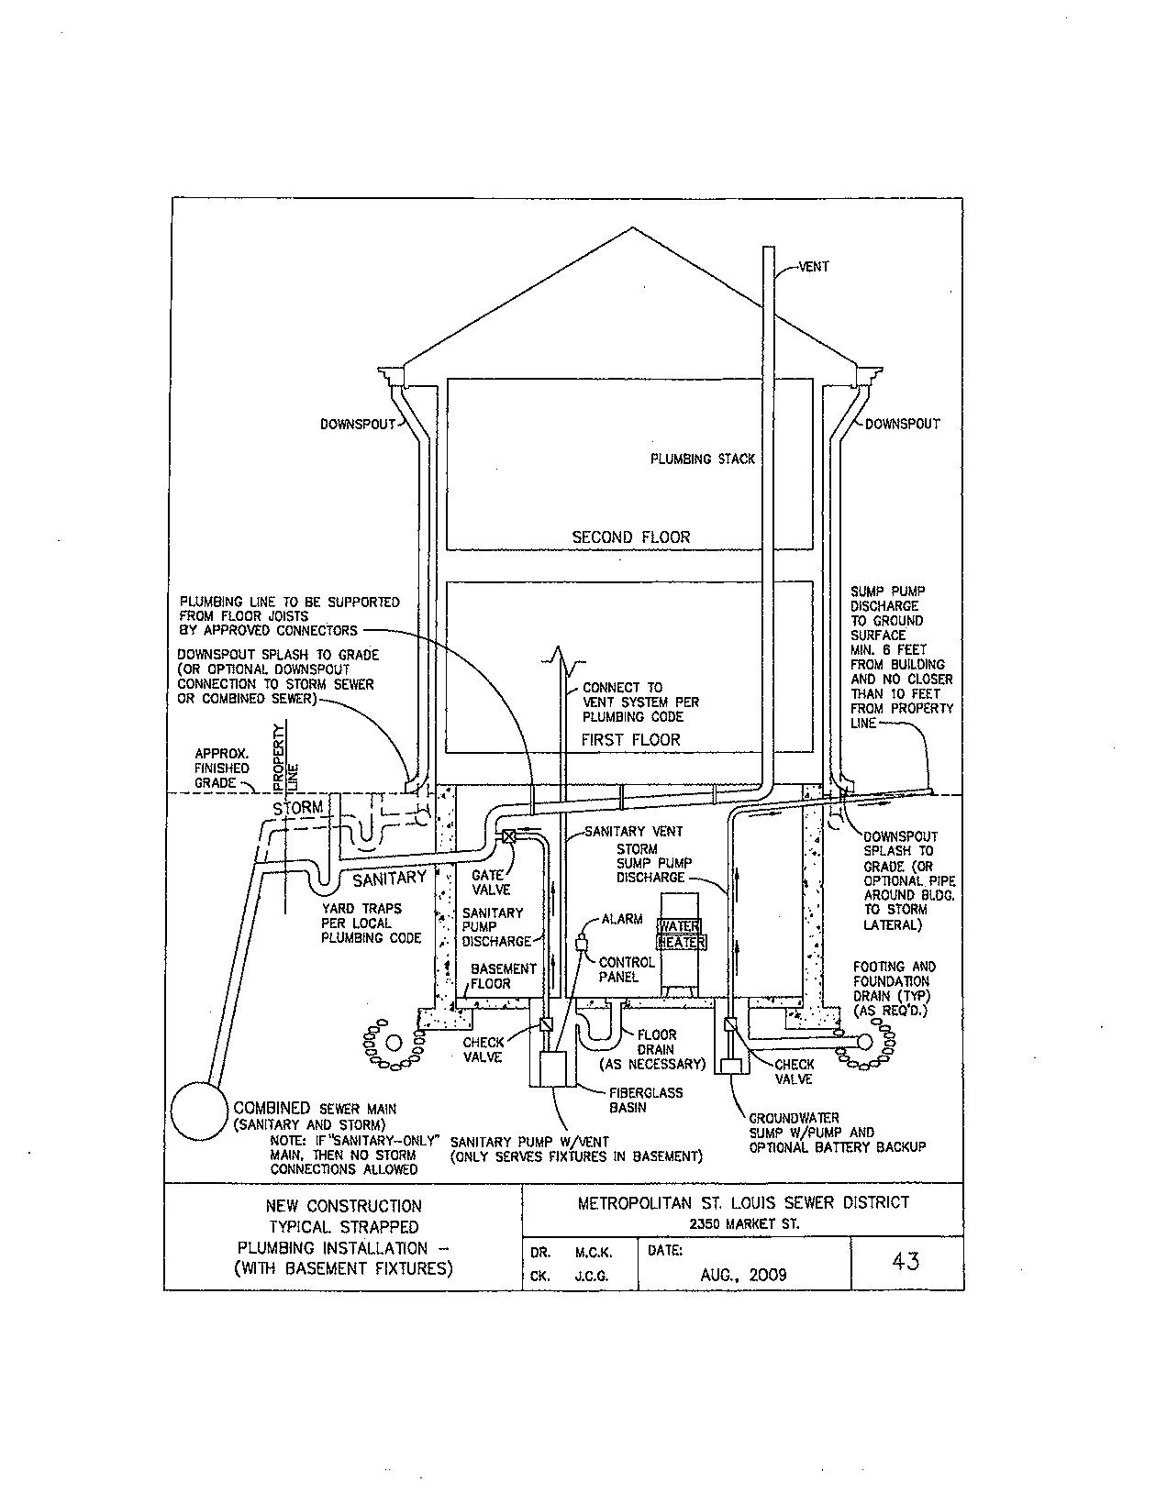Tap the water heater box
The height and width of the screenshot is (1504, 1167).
point(680,945)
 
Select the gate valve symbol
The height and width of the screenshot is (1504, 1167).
point(509,836)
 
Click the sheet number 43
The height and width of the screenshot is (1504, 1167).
point(906,1261)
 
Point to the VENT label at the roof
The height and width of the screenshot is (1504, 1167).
point(814,267)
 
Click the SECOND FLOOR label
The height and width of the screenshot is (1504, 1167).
point(630,536)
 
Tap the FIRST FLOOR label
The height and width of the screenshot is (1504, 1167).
point(631,739)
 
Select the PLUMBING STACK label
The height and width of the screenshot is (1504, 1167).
point(703,459)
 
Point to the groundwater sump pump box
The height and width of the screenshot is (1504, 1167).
point(731,1067)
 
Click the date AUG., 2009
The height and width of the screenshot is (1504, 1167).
point(743,1275)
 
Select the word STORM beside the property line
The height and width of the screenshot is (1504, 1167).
point(298,808)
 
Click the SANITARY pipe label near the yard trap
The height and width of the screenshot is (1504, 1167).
point(389,879)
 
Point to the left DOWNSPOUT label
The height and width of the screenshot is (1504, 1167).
point(357,424)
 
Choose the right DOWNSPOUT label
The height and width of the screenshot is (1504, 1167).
point(902,424)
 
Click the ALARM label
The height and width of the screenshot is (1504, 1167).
point(622,919)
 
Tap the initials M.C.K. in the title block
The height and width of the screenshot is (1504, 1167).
point(594,1252)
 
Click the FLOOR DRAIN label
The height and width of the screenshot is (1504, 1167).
point(656,1042)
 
